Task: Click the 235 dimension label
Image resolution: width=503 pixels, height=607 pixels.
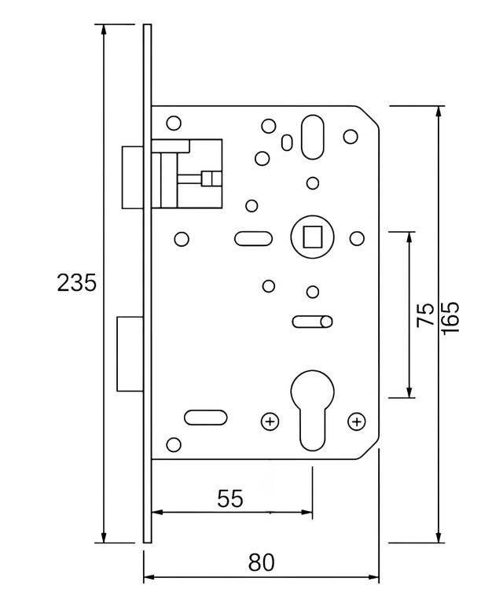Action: coord(76,282)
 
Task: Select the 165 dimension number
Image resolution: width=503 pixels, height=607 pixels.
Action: coord(450,318)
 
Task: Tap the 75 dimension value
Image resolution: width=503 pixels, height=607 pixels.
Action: coord(426,315)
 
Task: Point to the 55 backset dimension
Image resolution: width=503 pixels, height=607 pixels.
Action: coord(230,498)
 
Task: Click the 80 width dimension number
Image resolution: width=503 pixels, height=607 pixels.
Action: coord(262,562)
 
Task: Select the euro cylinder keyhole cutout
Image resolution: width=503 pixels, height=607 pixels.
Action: coord(312,410)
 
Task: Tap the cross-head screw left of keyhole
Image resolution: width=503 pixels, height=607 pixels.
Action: coord(270,421)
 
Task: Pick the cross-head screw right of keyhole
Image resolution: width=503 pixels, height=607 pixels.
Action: coord(357,421)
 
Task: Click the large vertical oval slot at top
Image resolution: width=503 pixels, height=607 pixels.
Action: coord(312,137)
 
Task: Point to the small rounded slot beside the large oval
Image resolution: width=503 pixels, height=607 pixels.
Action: coord(286,142)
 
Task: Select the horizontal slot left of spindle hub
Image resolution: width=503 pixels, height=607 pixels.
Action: coord(253,238)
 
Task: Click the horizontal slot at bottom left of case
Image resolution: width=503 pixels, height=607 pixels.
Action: coord(205,418)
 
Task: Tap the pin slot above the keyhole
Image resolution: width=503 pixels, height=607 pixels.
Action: coord(312,322)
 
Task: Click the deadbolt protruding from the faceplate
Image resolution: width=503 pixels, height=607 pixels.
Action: coord(130,354)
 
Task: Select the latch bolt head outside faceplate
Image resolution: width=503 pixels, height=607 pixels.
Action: coord(133,177)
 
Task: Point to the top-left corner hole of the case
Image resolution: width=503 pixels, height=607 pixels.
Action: coord(174,123)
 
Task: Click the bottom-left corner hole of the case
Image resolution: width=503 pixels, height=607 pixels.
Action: coord(174,444)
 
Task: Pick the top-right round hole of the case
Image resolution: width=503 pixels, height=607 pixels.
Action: coord(351,136)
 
